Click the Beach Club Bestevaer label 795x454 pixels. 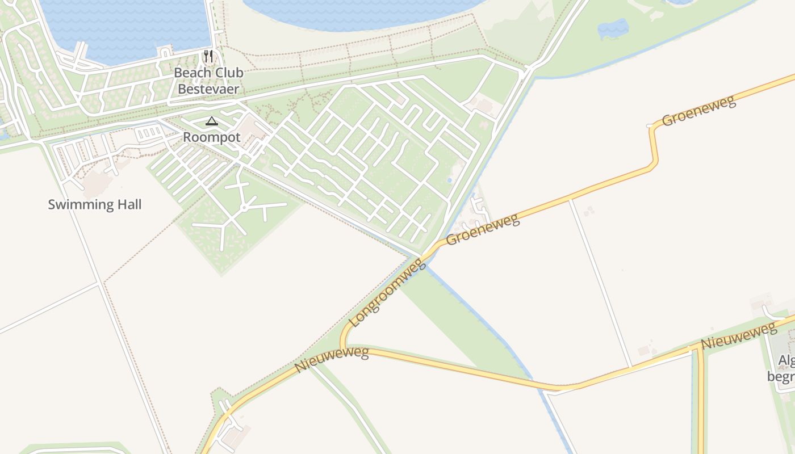(x=208, y=81)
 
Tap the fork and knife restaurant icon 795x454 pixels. (x=208, y=56)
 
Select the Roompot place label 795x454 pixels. (x=212, y=137)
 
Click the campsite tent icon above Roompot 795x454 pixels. (x=212, y=121)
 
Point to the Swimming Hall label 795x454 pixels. (x=94, y=204)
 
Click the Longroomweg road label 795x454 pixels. (x=387, y=293)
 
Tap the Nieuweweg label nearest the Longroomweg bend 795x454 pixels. (x=331, y=360)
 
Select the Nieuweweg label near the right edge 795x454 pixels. (x=738, y=336)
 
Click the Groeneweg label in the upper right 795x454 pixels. (x=698, y=111)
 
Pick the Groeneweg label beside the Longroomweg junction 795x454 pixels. (x=483, y=229)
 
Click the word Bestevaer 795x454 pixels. (x=208, y=89)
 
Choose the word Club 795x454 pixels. (x=228, y=73)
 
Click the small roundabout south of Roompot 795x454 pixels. (x=244, y=208)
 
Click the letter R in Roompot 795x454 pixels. (x=187, y=137)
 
